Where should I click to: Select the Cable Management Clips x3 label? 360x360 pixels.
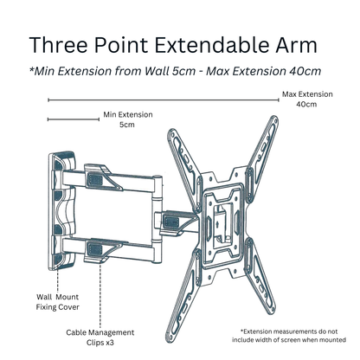point(104,337)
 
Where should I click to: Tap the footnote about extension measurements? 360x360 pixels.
point(298,337)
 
